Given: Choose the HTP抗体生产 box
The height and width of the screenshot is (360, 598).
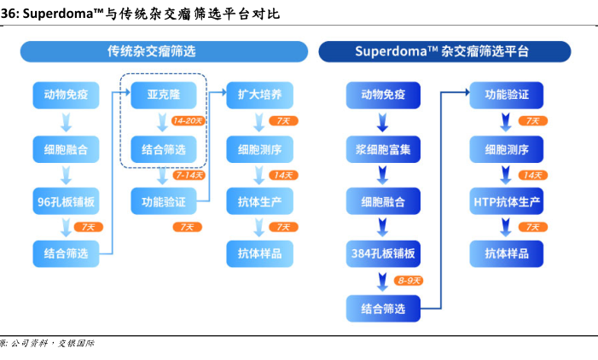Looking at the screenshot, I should click(507, 202).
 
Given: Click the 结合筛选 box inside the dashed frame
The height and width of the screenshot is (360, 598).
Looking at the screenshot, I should click(162, 149).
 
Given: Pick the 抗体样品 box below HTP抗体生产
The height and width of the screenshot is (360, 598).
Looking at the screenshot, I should click(507, 253).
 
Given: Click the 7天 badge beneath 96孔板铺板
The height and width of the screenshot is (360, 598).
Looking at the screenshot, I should click(89, 227).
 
